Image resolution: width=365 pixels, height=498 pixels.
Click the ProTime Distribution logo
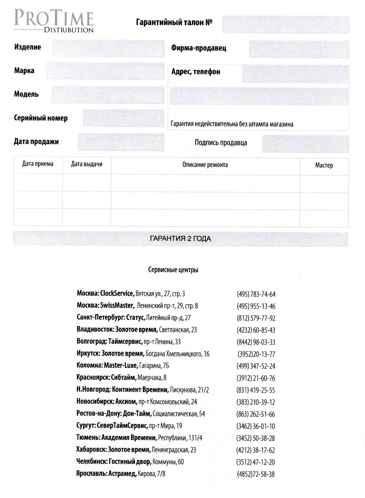54,22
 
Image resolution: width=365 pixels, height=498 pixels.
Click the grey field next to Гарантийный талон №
285,24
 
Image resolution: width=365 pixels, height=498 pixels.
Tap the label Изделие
28,47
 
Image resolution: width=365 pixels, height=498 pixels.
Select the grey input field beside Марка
105,71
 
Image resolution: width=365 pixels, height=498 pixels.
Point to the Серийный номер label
41,118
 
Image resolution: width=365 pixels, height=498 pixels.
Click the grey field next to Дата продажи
120,142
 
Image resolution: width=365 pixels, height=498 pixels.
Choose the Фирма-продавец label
199,48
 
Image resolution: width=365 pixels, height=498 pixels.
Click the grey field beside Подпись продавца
305,143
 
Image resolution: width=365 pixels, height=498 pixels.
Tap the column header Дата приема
38,164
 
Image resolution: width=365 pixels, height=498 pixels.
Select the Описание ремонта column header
205,165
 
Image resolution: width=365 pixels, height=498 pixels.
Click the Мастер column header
324,165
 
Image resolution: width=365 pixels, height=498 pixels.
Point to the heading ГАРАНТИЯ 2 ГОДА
180,239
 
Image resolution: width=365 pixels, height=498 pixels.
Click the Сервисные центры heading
173,270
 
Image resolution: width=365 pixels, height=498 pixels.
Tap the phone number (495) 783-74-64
256,294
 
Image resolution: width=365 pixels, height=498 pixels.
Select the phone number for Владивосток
256,330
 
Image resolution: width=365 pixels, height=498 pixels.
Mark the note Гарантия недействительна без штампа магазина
232,124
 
